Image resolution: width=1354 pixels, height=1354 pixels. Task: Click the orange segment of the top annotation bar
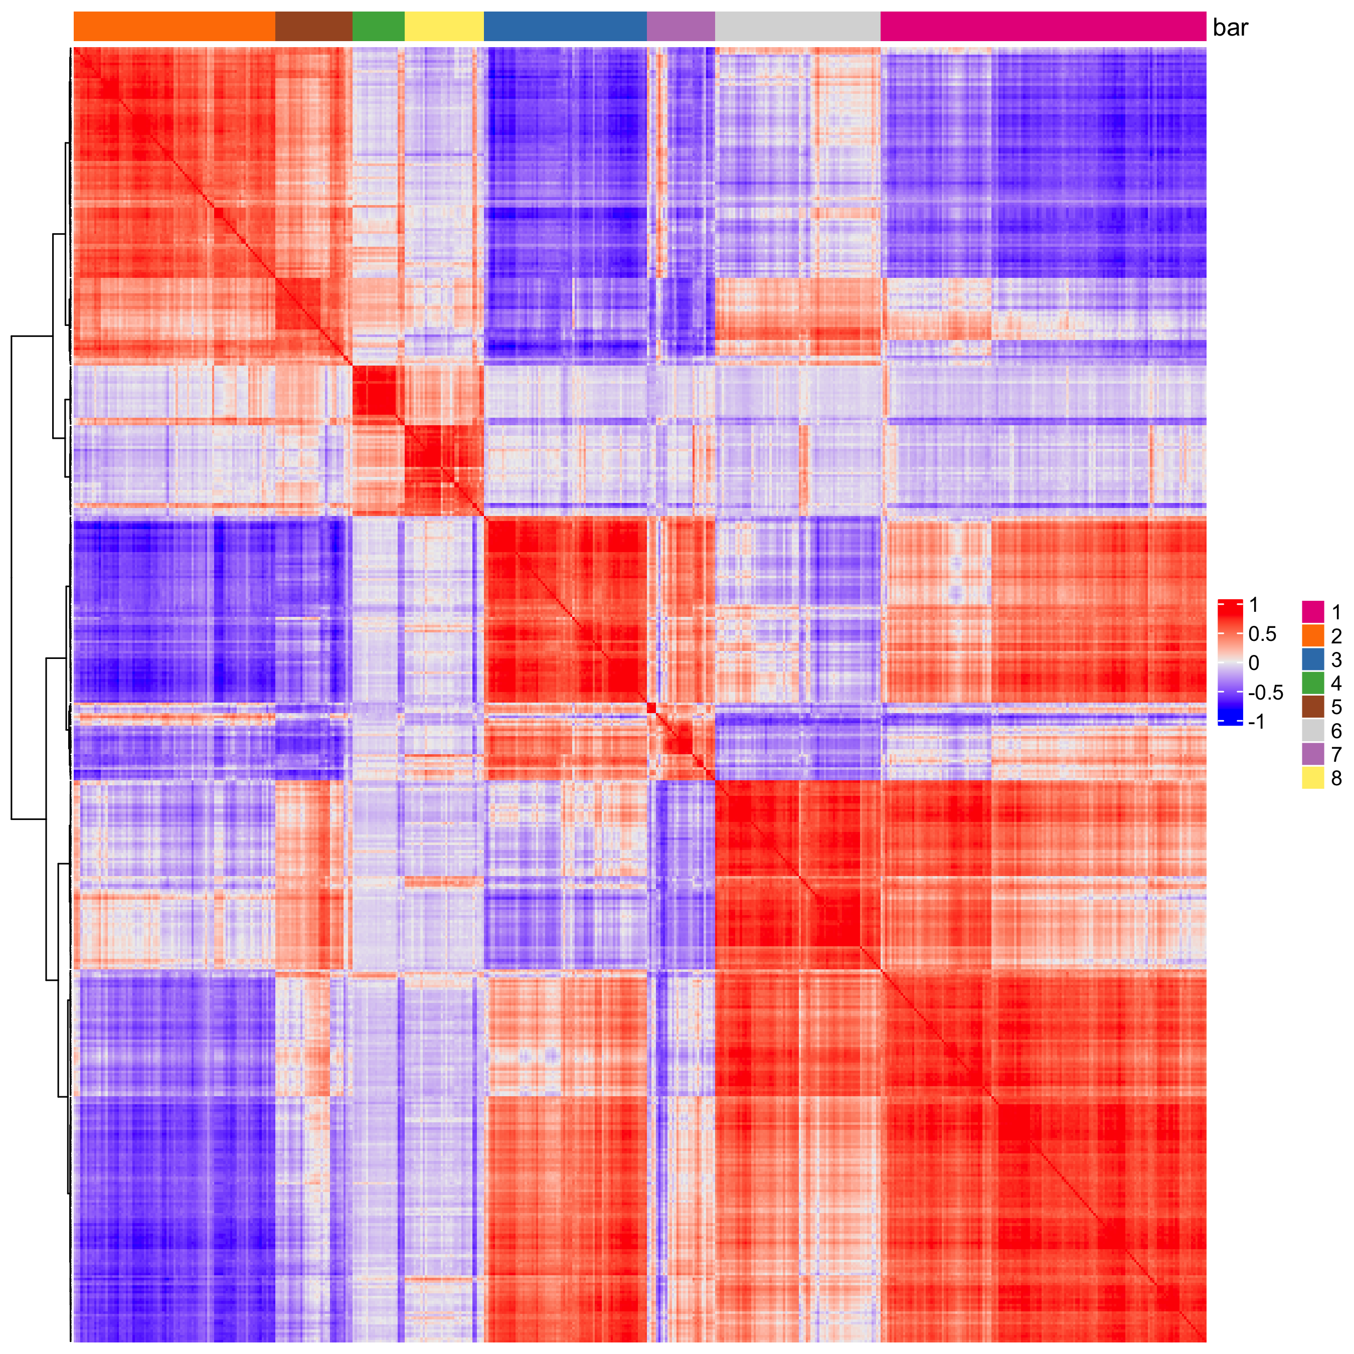coord(174,27)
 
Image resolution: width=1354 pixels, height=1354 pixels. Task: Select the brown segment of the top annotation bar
coord(313,27)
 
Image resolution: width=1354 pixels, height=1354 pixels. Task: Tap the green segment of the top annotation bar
coord(379,27)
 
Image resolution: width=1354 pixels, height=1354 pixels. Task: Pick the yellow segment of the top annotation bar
coord(444,27)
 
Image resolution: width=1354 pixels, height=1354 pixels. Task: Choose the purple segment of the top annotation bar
coord(681,27)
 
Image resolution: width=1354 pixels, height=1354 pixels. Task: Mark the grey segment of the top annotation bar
coord(797,27)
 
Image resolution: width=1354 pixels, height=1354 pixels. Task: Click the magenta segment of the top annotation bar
coord(1043,27)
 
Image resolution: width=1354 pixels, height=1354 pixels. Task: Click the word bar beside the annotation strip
coord(1231,28)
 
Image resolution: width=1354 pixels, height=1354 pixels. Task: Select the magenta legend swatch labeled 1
coord(1313,612)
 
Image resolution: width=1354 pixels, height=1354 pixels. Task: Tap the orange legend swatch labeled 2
coord(1313,636)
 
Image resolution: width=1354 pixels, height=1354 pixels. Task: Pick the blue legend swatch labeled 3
coord(1313,659)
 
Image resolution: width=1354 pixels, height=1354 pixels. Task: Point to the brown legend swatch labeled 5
coord(1313,707)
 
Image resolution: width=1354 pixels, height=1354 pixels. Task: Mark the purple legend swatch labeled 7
coord(1313,754)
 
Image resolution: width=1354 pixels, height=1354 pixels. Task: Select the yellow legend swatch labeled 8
coord(1313,778)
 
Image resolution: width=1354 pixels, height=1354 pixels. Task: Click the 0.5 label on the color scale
coord(1262,634)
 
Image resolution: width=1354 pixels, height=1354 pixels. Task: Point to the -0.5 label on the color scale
coord(1265,693)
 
